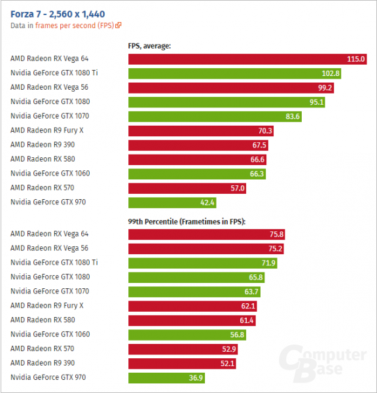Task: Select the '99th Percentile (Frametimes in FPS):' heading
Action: click(x=186, y=223)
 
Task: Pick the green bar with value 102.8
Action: click(x=235, y=73)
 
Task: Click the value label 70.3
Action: click(x=265, y=131)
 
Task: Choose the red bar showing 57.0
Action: click(x=188, y=188)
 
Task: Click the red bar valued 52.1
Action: click(x=183, y=364)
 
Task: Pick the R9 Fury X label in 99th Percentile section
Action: click(x=47, y=306)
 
